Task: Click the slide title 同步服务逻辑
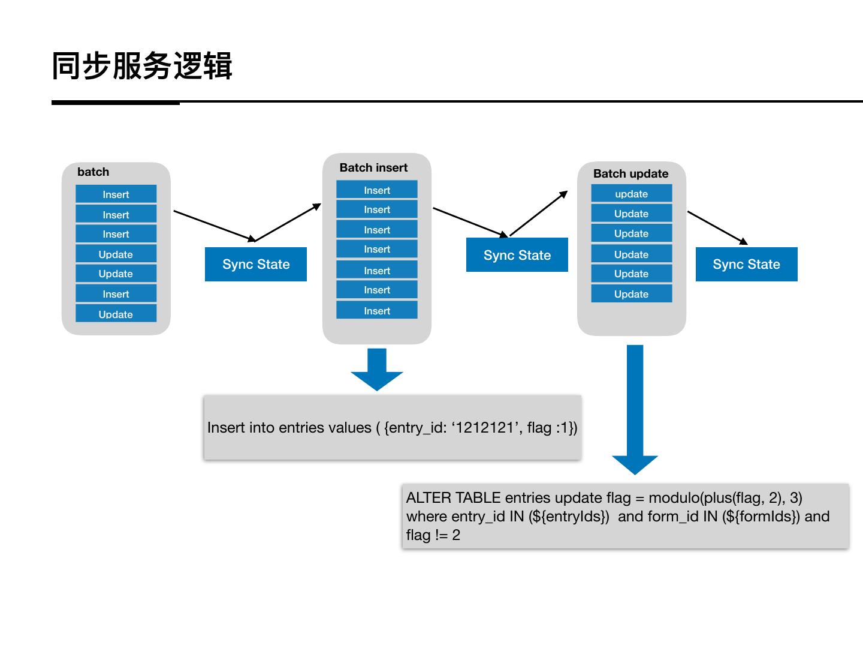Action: [x=142, y=66]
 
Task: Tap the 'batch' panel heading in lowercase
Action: [x=93, y=172]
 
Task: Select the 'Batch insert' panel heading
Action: [x=373, y=168]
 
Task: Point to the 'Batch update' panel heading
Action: [x=630, y=174]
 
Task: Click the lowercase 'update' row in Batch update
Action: [x=631, y=194]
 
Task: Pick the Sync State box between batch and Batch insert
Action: [x=256, y=265]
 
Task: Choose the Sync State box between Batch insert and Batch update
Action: [x=517, y=256]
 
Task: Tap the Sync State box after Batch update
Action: [x=746, y=265]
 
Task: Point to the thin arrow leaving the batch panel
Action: [x=215, y=226]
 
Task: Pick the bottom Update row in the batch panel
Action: [x=116, y=314]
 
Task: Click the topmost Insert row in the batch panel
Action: [x=116, y=194]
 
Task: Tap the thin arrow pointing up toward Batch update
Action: [x=538, y=213]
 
